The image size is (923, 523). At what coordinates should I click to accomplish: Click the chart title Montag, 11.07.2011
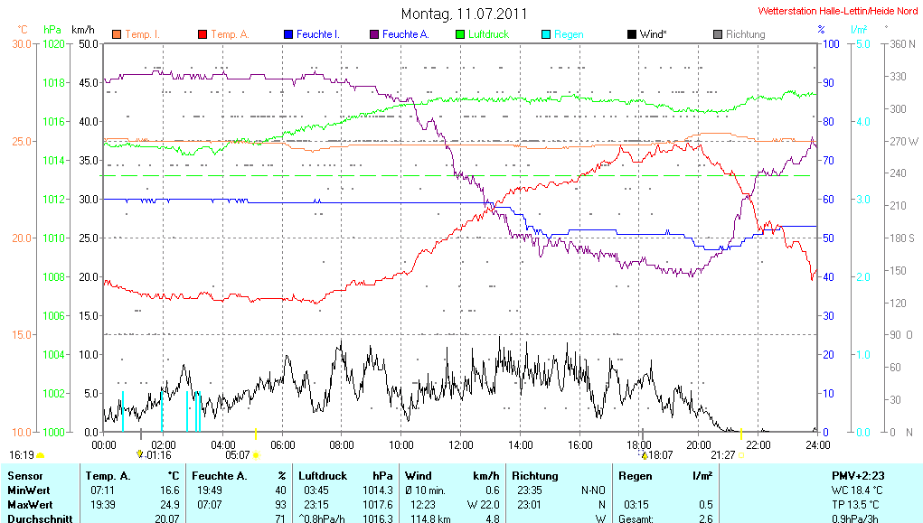464,14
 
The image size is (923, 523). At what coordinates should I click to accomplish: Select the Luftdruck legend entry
487,34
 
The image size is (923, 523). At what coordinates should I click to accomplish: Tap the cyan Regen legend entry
568,34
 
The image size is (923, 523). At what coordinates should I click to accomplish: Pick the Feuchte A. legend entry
404,34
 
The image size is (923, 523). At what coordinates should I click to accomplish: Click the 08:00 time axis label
342,444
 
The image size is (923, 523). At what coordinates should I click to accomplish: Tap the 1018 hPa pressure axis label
54,83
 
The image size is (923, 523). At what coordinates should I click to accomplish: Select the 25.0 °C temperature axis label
20,141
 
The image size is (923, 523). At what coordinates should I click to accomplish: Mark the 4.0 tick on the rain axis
862,122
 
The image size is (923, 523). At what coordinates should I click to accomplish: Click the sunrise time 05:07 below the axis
238,455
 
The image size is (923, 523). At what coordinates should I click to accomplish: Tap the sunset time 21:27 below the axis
722,455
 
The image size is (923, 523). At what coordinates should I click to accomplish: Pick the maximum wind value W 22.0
483,505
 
